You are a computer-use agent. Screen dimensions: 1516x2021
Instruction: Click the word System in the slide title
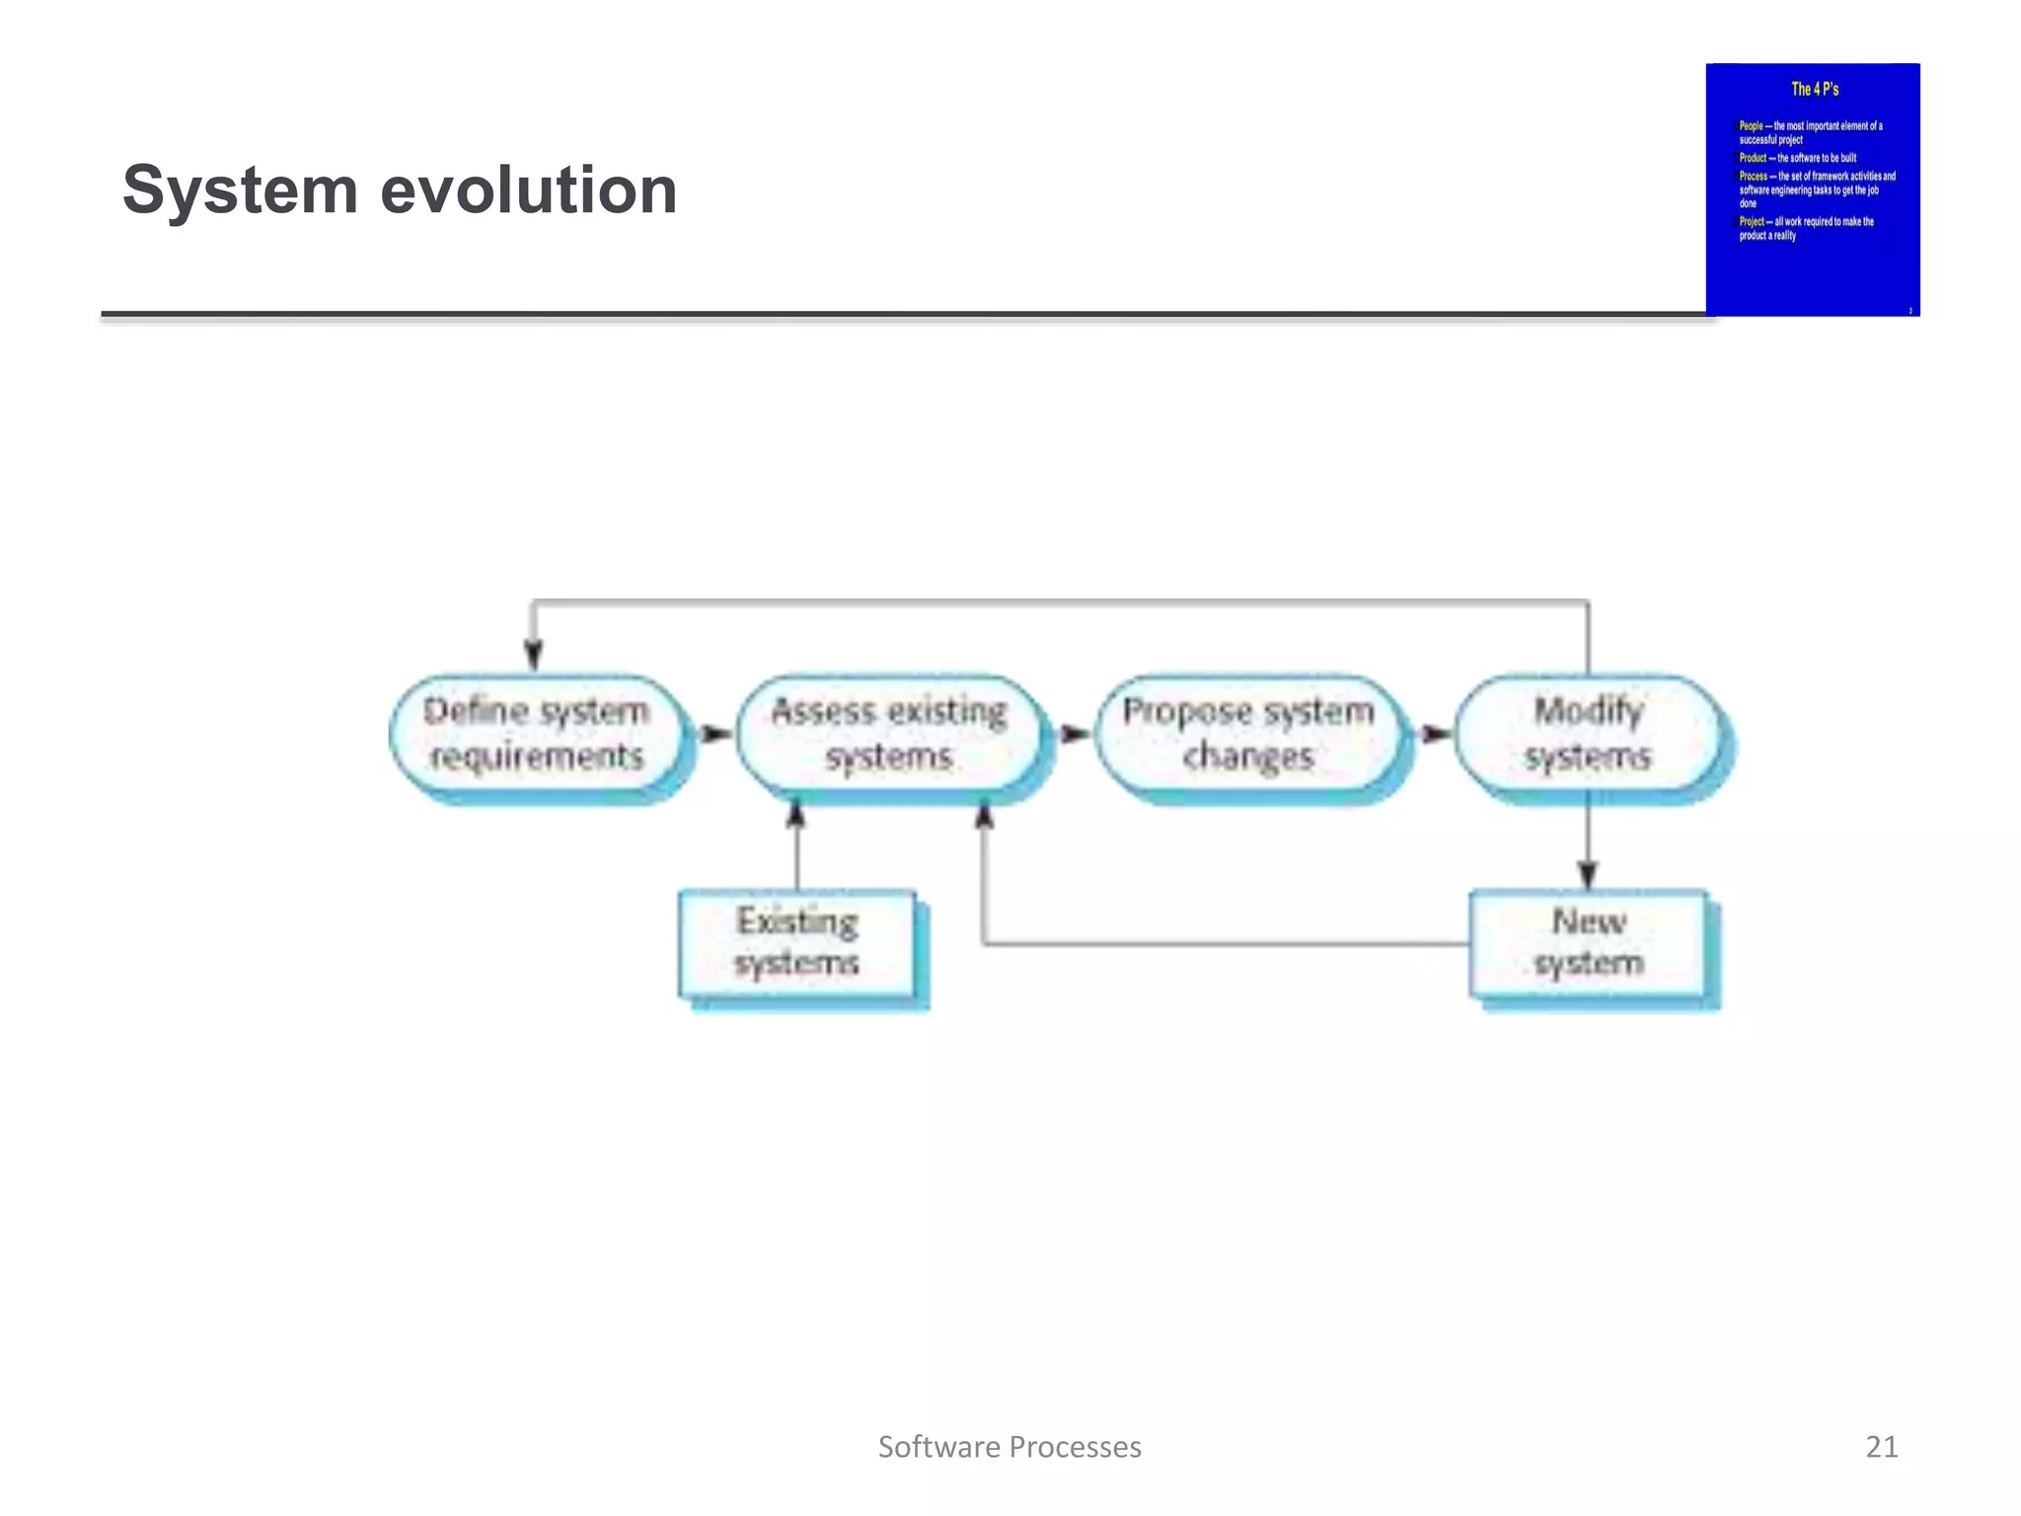(x=240, y=189)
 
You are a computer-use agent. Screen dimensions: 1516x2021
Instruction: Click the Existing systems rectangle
(x=796, y=943)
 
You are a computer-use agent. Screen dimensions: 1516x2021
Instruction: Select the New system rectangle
(x=1588, y=943)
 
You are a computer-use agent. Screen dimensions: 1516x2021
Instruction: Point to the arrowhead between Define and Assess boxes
(x=716, y=733)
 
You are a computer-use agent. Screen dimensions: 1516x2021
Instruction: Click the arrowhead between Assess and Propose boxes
(x=1075, y=733)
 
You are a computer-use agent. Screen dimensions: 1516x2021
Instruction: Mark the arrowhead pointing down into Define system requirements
(x=533, y=655)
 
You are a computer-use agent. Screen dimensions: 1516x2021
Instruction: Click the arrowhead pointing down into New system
(x=1587, y=874)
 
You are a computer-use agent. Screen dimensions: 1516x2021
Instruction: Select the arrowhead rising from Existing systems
(x=796, y=816)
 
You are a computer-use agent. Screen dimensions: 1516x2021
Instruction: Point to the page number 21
(x=1881, y=1446)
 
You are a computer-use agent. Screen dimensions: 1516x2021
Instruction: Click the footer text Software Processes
(x=1010, y=1446)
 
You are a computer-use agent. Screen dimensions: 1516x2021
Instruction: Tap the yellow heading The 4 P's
(x=1815, y=89)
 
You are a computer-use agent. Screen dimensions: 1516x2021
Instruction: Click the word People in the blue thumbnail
(x=1751, y=126)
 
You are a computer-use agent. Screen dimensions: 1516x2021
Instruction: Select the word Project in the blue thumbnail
(x=1751, y=222)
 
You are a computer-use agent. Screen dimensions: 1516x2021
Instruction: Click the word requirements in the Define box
(x=536, y=757)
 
